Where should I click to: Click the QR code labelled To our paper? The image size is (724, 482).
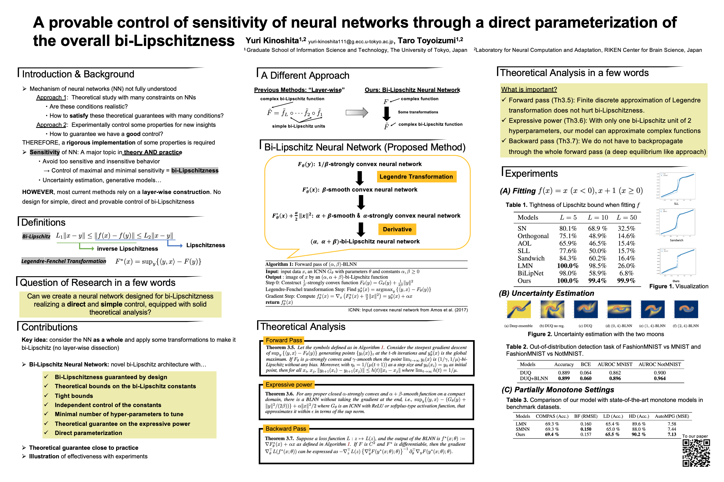point(696,453)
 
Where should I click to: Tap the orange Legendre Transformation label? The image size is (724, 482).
point(416,177)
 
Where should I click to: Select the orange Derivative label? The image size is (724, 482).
point(397,229)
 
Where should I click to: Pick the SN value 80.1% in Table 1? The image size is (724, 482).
point(568,228)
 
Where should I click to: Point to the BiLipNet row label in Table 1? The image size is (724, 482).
point(530,273)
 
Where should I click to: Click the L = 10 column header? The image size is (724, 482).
point(598,217)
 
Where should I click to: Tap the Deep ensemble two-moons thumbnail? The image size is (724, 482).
point(519,309)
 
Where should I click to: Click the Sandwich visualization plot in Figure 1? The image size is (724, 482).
point(676,222)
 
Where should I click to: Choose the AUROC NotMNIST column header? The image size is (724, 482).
point(659,364)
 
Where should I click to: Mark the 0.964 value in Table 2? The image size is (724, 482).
point(659,378)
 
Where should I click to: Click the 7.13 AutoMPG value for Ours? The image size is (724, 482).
point(672,434)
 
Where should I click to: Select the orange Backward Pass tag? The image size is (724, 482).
point(286,429)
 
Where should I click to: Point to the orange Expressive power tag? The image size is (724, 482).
point(289,384)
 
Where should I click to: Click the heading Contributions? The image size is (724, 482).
point(49,327)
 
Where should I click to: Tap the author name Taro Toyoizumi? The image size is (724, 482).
point(427,41)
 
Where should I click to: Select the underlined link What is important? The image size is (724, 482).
point(529,89)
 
